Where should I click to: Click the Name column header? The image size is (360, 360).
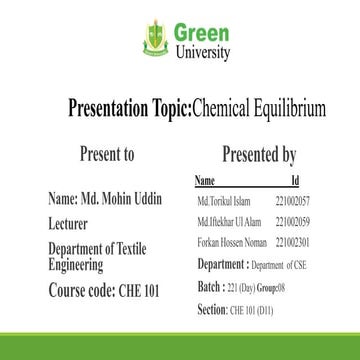pos(204,181)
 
